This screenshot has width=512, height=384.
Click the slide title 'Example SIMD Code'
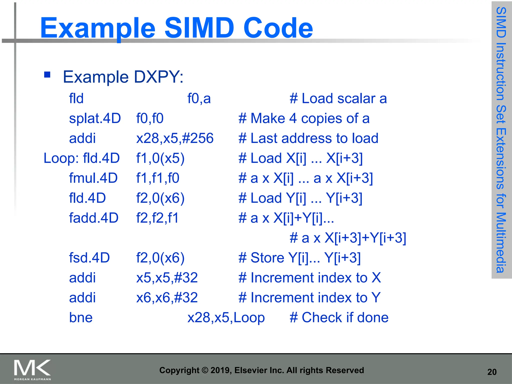click(x=176, y=28)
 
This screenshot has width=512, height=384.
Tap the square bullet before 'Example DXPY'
click(x=47, y=75)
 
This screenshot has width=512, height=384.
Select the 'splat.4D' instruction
click(x=95, y=118)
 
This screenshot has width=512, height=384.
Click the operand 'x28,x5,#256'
click(x=175, y=138)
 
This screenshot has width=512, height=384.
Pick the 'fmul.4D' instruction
click(x=93, y=178)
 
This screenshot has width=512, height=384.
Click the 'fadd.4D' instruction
click(x=93, y=218)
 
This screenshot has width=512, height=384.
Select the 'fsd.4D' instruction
click(x=89, y=258)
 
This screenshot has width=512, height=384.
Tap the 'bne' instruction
click(x=81, y=317)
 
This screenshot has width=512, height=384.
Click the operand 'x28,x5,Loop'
click(x=226, y=317)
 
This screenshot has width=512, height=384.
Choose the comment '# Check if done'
click(x=339, y=317)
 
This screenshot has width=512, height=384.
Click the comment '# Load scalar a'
click(x=338, y=98)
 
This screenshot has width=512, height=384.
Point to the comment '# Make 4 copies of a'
click(x=304, y=118)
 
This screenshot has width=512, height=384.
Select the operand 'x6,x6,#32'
click(x=167, y=297)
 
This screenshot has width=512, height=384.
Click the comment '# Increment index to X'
click(x=309, y=278)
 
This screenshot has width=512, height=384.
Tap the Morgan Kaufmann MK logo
click(x=32, y=369)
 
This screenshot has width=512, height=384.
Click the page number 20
click(x=492, y=372)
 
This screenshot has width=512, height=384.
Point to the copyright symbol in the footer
click(x=205, y=370)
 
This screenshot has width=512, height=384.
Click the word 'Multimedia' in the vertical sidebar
click(x=501, y=242)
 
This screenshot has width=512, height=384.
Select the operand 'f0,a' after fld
click(x=199, y=98)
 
